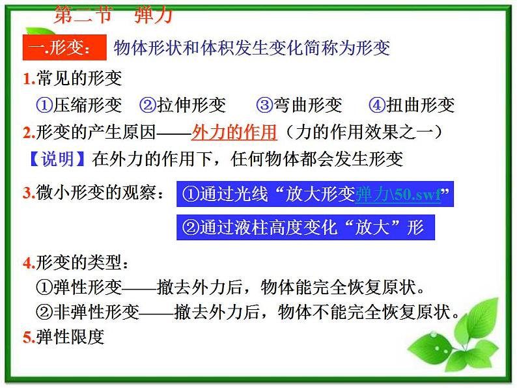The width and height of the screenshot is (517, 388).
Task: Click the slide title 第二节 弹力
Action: [112, 14]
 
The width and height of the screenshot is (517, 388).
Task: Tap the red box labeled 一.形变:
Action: [64, 49]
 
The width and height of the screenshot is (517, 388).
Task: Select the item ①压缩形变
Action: [79, 105]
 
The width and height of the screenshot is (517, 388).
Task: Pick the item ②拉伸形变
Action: [182, 105]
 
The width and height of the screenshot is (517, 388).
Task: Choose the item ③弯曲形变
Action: [299, 105]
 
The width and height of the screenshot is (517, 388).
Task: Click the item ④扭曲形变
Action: [411, 105]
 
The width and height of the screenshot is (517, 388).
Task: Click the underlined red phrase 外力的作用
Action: [234, 133]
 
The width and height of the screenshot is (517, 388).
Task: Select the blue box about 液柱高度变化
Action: [304, 227]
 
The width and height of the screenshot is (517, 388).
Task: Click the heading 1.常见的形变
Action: [72, 79]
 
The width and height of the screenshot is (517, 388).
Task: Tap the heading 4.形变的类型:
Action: [76, 263]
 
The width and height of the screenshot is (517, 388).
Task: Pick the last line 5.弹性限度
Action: [63, 337]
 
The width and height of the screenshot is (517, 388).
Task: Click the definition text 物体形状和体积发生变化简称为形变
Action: [251, 49]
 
